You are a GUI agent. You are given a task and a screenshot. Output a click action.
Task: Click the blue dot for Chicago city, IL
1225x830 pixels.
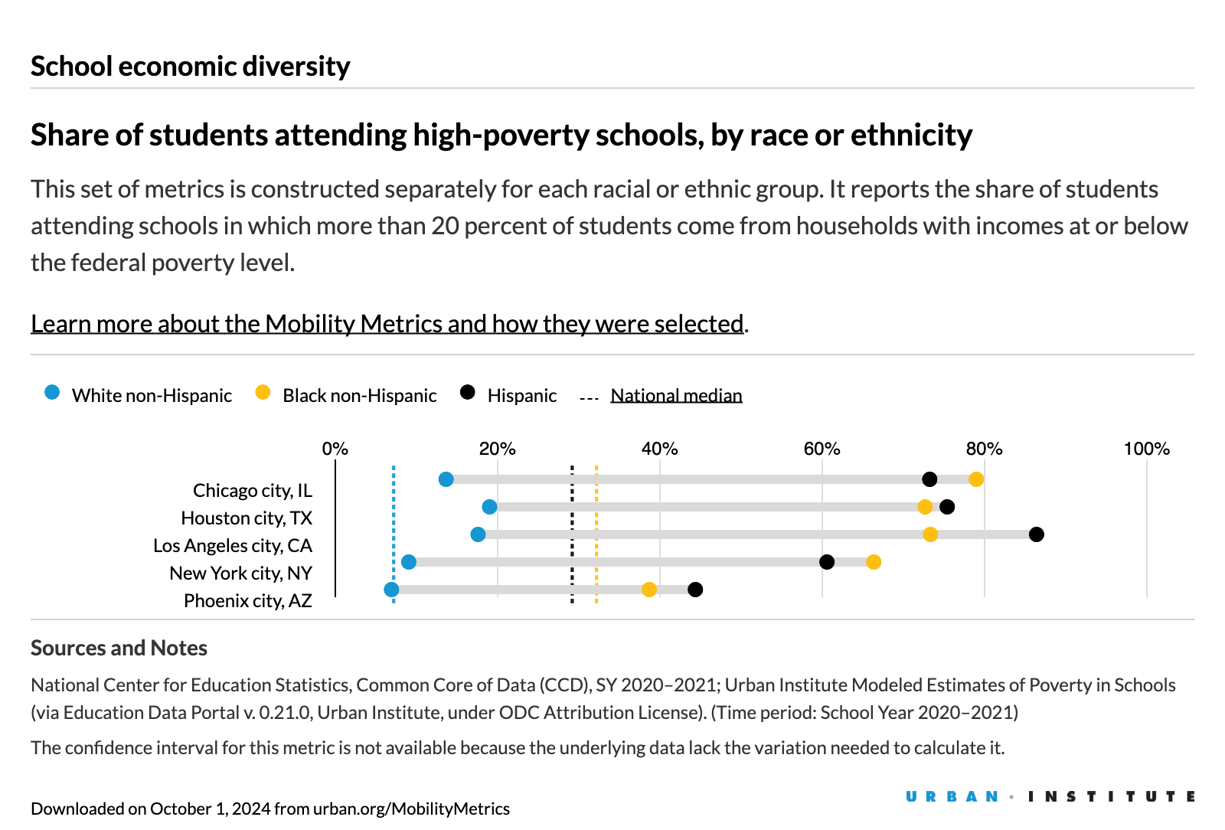(x=446, y=479)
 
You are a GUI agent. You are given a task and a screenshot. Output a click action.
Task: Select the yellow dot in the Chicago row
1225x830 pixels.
(x=975, y=479)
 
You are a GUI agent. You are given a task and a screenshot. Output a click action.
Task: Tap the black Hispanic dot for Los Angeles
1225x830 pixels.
(x=1036, y=534)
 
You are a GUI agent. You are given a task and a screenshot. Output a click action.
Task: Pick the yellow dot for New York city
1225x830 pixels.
(x=873, y=562)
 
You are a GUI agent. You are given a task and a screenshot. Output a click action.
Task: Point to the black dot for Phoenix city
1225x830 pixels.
(x=694, y=590)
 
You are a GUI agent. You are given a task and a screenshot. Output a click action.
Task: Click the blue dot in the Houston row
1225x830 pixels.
(x=489, y=507)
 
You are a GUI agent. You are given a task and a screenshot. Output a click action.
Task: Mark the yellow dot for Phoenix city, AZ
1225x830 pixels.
(x=648, y=590)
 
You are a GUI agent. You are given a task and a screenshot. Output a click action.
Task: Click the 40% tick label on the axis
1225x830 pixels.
(x=659, y=449)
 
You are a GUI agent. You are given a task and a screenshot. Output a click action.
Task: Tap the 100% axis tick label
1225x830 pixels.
(x=1145, y=449)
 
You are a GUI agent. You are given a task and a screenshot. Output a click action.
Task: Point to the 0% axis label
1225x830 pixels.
(x=335, y=449)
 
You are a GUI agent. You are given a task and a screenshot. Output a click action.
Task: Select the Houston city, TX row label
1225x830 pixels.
(x=247, y=518)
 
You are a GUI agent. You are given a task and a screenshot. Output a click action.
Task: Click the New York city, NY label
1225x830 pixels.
(x=240, y=573)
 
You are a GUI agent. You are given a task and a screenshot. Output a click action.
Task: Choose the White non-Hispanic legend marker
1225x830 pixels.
(x=52, y=393)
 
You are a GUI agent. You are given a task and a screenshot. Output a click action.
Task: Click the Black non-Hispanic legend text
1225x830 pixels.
(x=359, y=396)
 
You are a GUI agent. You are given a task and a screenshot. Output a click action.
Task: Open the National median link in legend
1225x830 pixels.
(x=676, y=396)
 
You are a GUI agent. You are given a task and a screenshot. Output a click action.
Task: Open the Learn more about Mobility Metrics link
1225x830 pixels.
(x=387, y=324)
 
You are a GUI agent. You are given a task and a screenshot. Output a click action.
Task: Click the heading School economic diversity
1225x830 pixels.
(x=190, y=67)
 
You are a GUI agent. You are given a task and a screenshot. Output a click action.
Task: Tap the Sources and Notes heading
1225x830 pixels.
(x=119, y=649)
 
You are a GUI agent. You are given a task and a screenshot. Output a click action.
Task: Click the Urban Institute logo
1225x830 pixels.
(x=1049, y=797)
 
